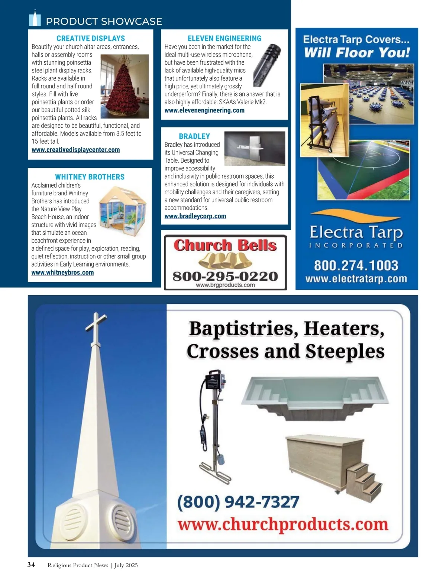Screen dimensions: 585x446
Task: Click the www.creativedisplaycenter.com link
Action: click(76, 150)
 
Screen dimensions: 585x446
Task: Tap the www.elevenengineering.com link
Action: click(204, 110)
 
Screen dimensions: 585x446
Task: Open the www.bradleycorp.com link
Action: click(195, 216)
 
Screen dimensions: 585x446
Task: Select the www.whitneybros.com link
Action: click(62, 273)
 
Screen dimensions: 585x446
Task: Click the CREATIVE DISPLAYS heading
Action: click(91, 38)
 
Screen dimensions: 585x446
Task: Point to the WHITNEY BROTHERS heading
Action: click(90, 177)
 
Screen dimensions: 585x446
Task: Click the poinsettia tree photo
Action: click(125, 86)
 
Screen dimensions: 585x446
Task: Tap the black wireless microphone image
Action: click(267, 64)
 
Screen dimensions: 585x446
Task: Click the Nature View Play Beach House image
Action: click(123, 210)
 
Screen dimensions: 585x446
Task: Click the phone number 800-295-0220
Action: click(225, 276)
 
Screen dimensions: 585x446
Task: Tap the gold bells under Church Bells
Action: click(225, 260)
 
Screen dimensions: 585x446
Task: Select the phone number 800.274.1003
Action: click(356, 265)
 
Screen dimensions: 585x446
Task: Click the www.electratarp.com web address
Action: click(356, 279)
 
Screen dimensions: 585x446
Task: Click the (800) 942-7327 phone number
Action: click(238, 502)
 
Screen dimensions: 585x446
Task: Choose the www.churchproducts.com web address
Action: click(283, 524)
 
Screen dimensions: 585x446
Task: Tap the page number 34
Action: click(31, 565)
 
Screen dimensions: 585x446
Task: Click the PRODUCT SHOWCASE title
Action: click(104, 21)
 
